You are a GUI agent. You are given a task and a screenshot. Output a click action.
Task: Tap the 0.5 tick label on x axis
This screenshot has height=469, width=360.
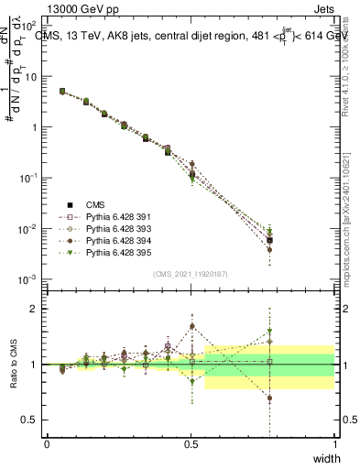tap(191, 444)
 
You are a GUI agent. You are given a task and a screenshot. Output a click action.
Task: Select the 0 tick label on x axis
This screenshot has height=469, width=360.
tap(47, 444)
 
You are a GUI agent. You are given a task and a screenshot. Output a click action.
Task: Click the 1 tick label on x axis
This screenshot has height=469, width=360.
tap(334, 444)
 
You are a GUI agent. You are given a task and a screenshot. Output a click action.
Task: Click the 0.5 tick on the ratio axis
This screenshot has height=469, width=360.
tap(30, 420)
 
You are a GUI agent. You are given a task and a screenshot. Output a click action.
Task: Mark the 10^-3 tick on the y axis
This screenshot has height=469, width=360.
tap(27, 278)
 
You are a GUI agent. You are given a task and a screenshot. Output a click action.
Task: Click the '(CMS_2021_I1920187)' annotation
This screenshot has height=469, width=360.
tap(191, 272)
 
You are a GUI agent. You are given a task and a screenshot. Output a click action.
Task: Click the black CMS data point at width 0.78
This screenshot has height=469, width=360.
tap(269, 240)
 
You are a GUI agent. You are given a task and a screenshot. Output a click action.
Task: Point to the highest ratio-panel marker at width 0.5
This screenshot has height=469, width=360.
tap(191, 326)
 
